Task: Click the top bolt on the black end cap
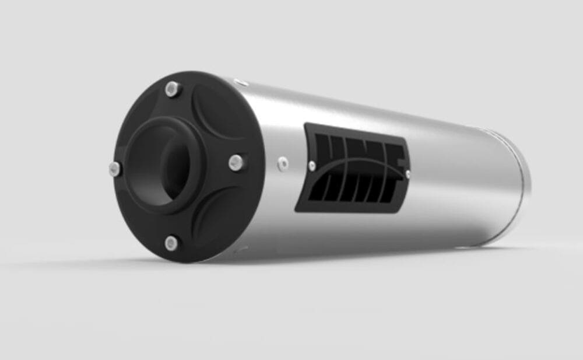[x=171, y=89]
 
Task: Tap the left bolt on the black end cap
[x=115, y=169]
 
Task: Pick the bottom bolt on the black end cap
[x=171, y=242]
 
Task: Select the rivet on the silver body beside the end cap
[x=283, y=164]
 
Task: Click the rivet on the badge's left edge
[x=312, y=166]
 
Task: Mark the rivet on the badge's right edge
[x=407, y=173]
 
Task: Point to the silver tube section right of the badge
[x=461, y=181]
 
